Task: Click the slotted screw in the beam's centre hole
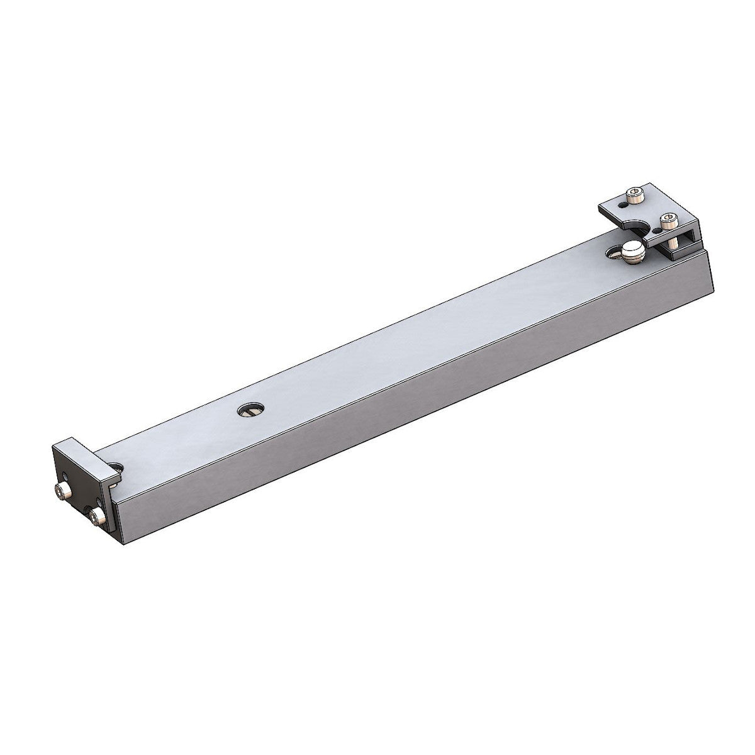click(x=250, y=411)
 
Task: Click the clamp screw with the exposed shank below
click(x=668, y=221)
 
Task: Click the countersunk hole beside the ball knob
click(x=614, y=254)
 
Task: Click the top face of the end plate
click(x=75, y=450)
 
